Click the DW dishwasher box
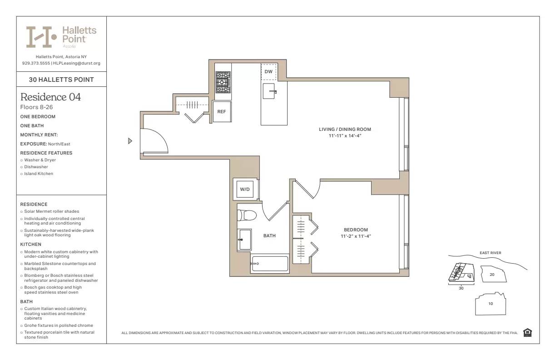[268, 72]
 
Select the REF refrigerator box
[222, 111]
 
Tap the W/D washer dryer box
[245, 189]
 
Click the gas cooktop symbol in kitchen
[223, 82]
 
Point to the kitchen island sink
[270, 91]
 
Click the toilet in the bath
[248, 215]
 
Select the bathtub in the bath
[270, 264]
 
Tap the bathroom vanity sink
[245, 239]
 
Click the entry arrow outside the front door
[130, 141]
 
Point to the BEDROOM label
[356, 230]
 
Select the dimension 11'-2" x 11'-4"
[356, 236]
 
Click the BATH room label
[269, 236]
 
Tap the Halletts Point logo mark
[41, 37]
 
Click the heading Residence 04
[50, 97]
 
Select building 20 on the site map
[491, 275]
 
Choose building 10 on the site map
[490, 304]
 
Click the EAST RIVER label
[490, 253]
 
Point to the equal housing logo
[527, 333]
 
